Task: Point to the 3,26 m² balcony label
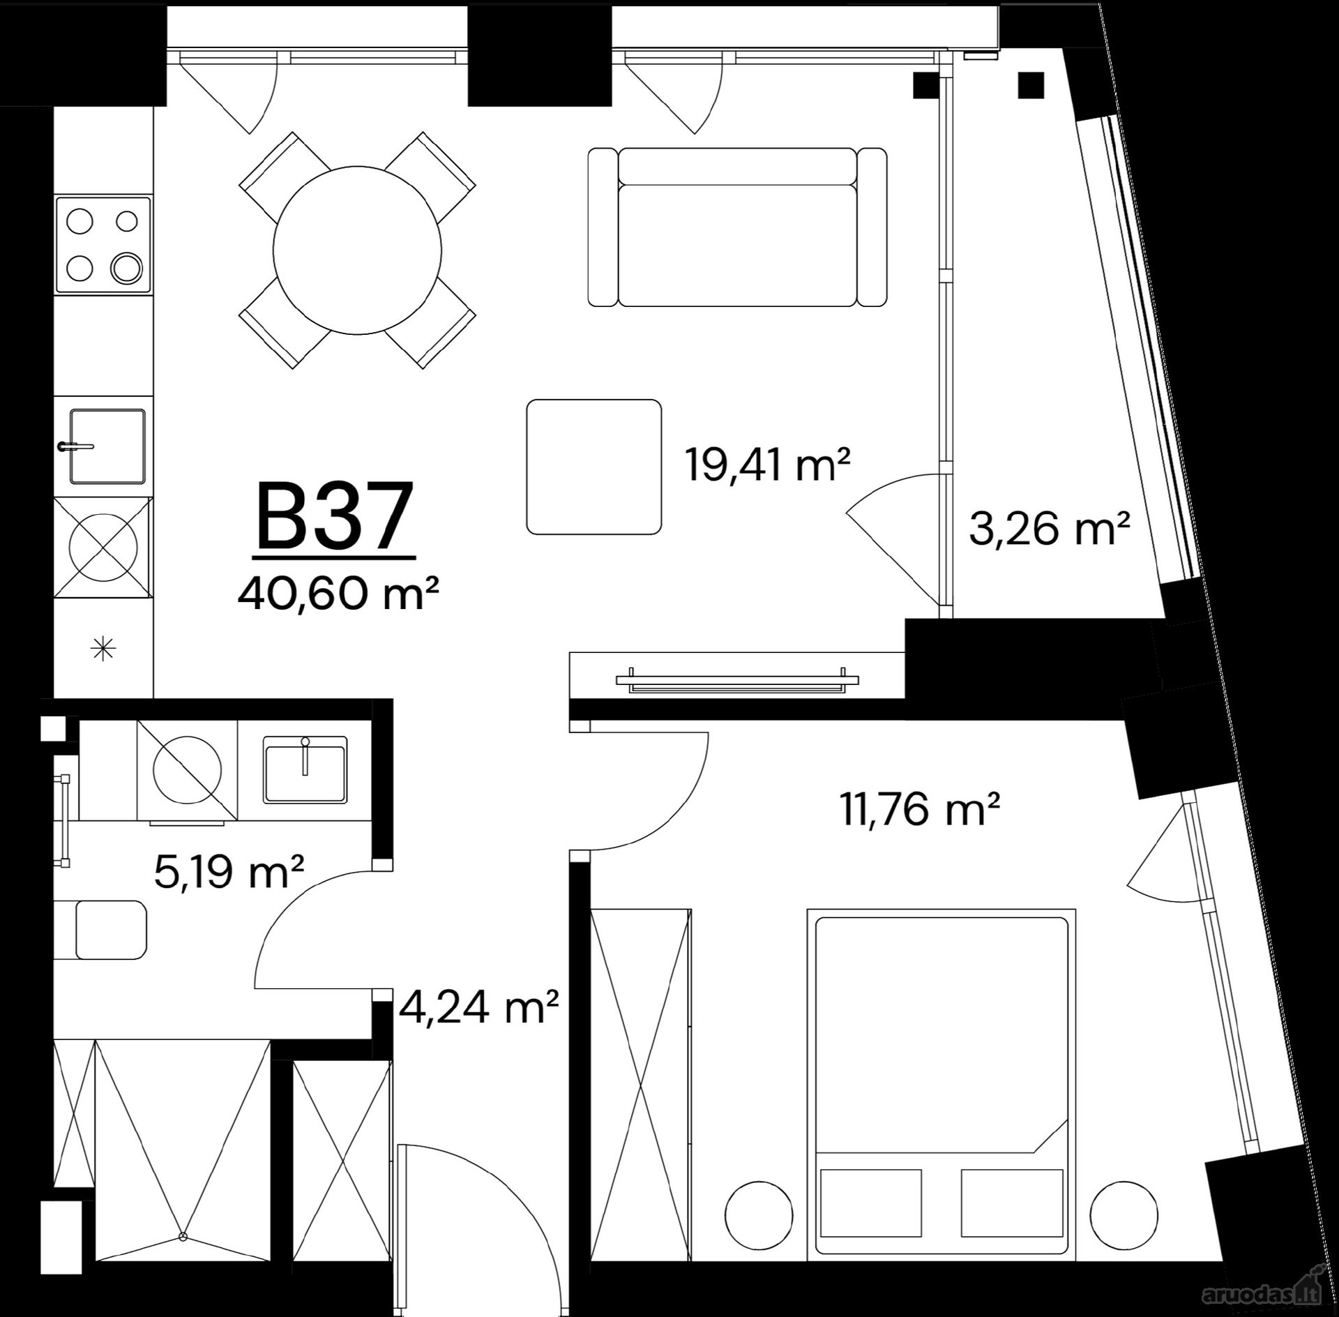(x=1049, y=529)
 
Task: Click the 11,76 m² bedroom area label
(x=921, y=809)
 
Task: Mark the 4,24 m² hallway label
(x=478, y=1007)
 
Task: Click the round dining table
(x=358, y=250)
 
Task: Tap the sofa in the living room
(x=737, y=227)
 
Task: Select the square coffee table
(x=594, y=467)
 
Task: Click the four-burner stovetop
(x=103, y=246)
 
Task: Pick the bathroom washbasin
(x=305, y=769)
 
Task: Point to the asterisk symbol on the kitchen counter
(x=103, y=649)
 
